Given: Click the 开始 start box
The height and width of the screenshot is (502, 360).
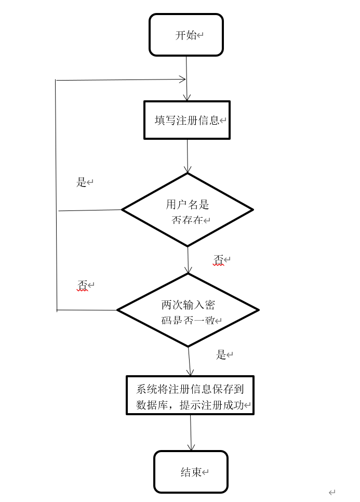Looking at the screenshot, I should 186,35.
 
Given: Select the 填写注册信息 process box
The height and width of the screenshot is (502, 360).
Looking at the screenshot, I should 186,120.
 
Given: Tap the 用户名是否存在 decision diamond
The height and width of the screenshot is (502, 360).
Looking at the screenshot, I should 187,210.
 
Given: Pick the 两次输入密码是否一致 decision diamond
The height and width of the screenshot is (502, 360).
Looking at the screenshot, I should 188,310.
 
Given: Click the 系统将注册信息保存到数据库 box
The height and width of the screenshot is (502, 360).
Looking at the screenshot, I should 190,395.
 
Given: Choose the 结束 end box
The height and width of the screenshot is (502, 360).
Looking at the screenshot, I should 191,472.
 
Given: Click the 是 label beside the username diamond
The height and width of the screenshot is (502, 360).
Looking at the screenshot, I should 81,182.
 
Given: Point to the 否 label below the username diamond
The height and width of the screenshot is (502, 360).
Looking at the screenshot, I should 219,259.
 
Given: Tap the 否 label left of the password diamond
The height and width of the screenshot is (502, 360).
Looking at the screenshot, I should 82,285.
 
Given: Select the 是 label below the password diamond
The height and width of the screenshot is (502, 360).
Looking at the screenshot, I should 221,355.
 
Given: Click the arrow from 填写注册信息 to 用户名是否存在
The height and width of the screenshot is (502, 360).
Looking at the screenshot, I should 188,156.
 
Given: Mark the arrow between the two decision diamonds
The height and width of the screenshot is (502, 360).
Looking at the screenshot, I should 188,260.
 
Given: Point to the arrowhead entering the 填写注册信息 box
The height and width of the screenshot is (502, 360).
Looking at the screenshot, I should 187,97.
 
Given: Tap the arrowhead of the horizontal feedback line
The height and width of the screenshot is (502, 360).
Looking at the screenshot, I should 182,80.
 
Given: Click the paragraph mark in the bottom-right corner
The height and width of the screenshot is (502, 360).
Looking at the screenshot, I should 331,492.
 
